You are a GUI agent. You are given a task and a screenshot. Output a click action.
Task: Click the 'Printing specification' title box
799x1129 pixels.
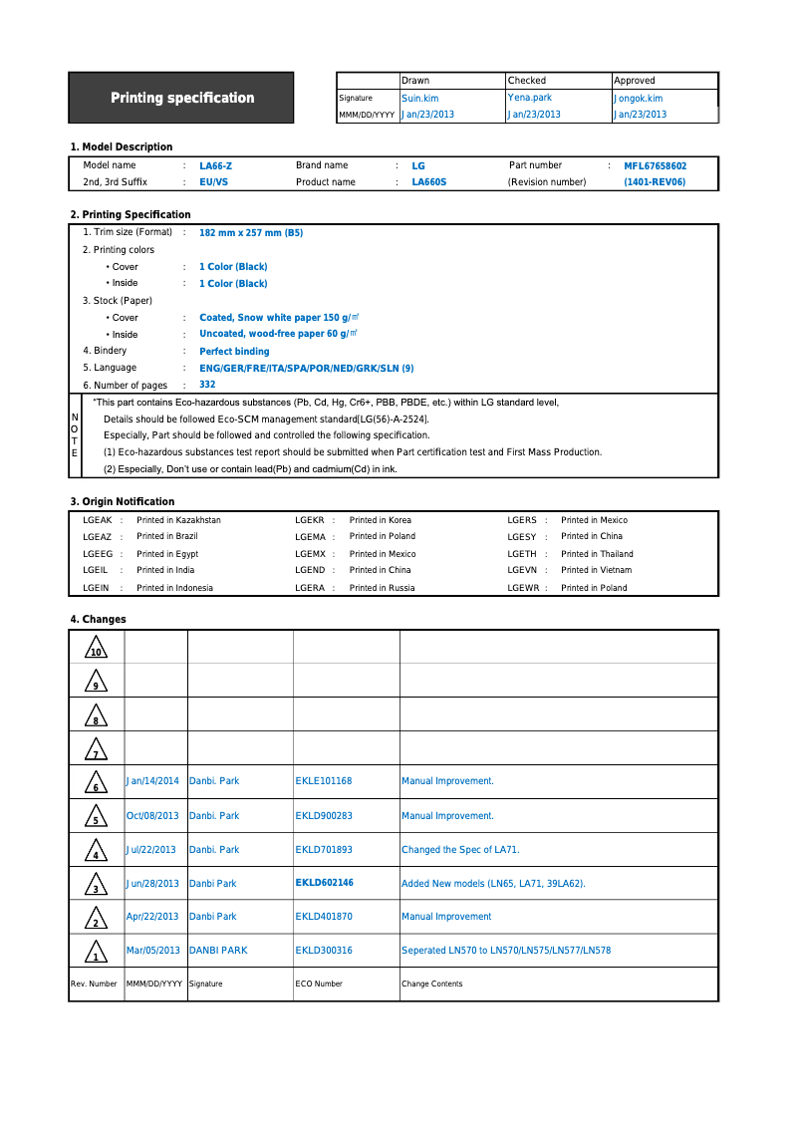(x=181, y=98)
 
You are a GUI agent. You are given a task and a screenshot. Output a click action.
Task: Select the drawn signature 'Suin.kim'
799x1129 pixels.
(x=419, y=99)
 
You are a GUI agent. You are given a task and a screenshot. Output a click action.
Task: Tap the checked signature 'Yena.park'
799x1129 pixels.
(x=529, y=98)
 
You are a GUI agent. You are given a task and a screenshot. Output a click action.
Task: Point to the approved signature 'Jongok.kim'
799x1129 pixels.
(x=638, y=99)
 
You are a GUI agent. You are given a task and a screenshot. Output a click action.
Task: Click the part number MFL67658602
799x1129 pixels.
(x=655, y=166)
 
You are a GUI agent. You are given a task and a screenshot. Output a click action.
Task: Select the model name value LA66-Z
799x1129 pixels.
(x=215, y=166)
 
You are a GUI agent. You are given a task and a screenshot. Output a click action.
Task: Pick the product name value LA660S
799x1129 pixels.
(x=428, y=182)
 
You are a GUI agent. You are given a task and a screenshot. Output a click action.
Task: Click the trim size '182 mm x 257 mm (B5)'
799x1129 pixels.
(x=251, y=232)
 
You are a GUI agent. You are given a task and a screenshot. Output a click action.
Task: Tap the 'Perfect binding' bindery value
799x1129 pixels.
(x=234, y=352)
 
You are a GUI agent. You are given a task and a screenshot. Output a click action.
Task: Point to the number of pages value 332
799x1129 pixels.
(x=207, y=385)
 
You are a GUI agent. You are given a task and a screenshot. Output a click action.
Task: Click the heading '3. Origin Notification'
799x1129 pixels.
(x=122, y=501)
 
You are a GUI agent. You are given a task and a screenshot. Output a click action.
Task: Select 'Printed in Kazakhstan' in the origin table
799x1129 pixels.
(x=178, y=520)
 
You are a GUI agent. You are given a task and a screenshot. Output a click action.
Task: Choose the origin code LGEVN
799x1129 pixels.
(x=522, y=571)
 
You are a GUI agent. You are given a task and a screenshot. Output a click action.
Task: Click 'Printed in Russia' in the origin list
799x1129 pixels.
(x=382, y=588)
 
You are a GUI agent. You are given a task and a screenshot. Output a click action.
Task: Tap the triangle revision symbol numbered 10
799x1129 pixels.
(x=96, y=649)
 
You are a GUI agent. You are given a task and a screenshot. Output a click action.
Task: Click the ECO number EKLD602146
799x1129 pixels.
(x=324, y=883)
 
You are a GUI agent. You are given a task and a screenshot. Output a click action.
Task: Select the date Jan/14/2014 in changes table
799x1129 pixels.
(x=152, y=781)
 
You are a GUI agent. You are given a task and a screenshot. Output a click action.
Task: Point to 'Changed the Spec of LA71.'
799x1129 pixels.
(x=460, y=850)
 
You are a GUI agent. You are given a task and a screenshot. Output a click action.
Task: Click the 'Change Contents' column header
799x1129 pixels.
(x=431, y=984)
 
